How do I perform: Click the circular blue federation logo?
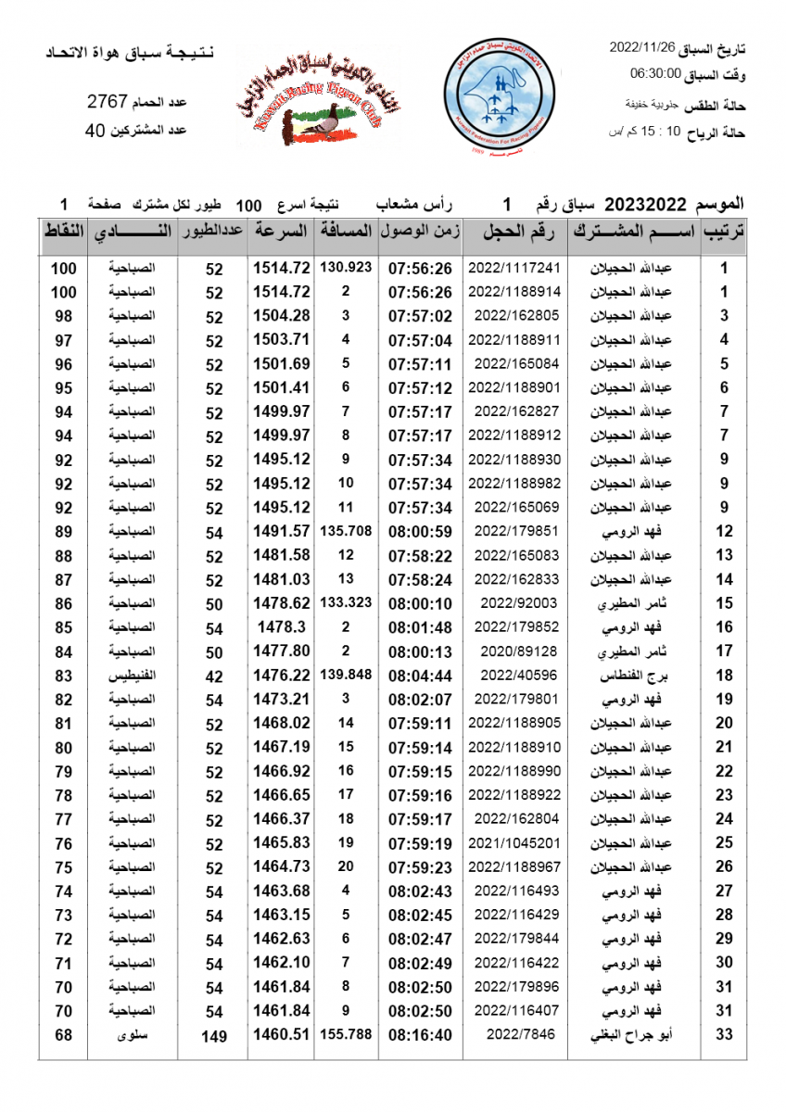[498, 97]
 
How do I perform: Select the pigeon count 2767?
[107, 101]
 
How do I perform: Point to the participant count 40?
[94, 131]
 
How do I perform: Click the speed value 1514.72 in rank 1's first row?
[281, 268]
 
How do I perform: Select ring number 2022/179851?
[514, 531]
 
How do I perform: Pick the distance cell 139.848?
[346, 675]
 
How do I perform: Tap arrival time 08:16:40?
[420, 1034]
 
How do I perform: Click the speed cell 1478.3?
[281, 627]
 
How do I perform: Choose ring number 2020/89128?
[514, 651]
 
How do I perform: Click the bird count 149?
[214, 1036]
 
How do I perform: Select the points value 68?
[63, 1034]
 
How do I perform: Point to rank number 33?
[724, 1034]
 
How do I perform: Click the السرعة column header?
[281, 233]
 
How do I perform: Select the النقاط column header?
[64, 233]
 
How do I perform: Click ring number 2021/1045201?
[514, 843]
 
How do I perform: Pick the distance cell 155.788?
[346, 1033]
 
